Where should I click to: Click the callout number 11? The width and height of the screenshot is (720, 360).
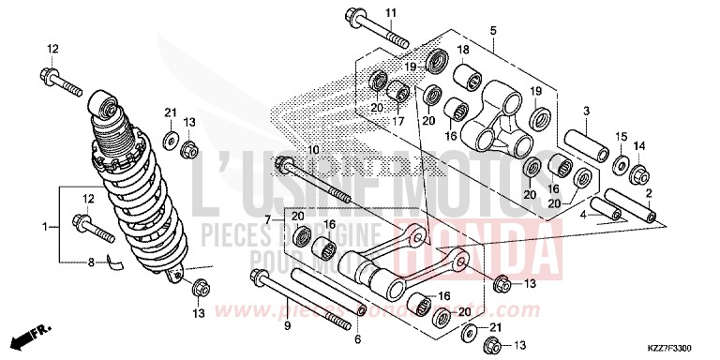click(391, 12)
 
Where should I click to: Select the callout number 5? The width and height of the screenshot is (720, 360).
click(492, 32)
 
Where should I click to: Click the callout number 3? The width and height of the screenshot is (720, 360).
click(585, 111)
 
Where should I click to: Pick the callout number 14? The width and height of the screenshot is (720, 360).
click(641, 146)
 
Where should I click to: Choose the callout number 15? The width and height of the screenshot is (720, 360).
click(621, 138)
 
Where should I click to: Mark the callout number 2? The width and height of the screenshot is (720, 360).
click(649, 193)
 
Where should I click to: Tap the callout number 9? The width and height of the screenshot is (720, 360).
click(288, 326)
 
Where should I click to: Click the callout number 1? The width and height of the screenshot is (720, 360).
click(43, 227)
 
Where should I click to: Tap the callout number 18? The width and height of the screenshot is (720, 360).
click(463, 49)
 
